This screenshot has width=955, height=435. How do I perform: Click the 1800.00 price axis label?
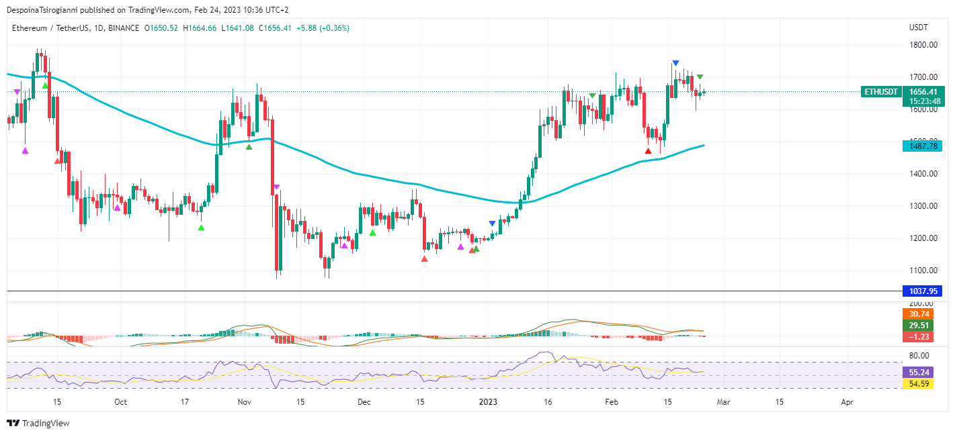click(923, 45)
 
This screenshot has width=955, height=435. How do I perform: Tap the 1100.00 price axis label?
click(923, 271)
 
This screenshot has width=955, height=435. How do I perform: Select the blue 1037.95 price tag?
click(923, 291)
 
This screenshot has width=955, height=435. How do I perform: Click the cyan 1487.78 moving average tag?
click(923, 146)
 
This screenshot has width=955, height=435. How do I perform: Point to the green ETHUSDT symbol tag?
click(880, 92)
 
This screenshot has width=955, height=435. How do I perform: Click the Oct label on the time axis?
click(120, 402)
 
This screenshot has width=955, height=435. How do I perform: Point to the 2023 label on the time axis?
click(488, 402)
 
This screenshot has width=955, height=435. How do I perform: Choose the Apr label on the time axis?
click(847, 402)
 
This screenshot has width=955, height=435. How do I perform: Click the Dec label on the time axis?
click(364, 402)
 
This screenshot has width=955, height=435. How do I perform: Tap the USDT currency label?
click(918, 28)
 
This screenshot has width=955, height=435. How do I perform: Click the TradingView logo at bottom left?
click(38, 424)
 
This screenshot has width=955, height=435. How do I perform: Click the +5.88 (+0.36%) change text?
click(325, 28)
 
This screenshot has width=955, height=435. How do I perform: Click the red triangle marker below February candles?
click(648, 151)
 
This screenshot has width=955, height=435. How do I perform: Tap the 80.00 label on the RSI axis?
click(919, 355)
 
